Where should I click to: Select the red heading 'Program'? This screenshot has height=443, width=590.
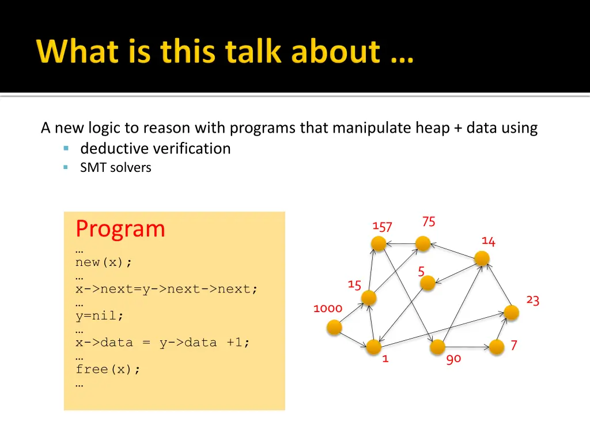point(120,229)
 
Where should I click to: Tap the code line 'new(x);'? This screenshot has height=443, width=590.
point(104,262)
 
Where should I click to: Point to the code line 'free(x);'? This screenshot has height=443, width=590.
point(108,370)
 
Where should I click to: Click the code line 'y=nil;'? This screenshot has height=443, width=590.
point(100,316)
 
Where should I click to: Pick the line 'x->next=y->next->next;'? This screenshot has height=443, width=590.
point(167,289)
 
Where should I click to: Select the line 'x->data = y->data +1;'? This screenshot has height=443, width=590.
point(163,343)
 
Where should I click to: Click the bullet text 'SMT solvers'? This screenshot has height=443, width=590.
point(116,168)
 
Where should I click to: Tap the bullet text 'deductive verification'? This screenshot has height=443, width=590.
point(156,149)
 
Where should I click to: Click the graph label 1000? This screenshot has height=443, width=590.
point(328,309)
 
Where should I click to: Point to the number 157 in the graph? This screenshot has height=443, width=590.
point(382,227)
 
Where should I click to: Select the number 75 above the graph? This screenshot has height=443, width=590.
point(429,221)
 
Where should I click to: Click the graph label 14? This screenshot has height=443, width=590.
point(489,241)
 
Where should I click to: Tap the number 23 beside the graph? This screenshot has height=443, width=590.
point(533,301)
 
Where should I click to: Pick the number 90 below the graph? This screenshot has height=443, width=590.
point(453,359)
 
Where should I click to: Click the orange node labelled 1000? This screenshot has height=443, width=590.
point(334,328)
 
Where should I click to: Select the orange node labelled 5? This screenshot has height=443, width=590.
point(428,283)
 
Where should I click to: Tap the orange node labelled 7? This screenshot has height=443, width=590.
point(497,347)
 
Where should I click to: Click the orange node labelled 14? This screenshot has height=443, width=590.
point(482,258)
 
